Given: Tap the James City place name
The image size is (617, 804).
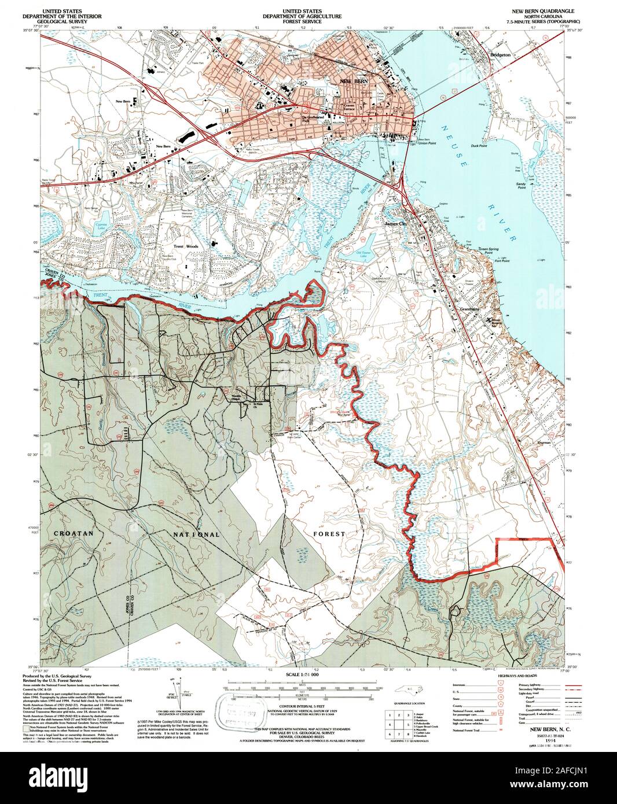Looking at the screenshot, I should tap(396, 223).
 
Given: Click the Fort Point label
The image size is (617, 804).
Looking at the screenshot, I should tap(501, 261).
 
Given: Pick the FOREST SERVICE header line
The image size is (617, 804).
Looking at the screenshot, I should tap(303, 21).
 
